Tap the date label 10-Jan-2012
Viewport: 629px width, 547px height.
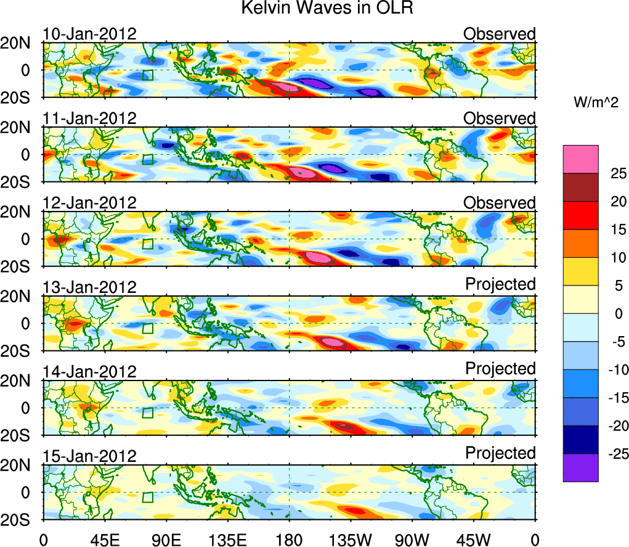click(x=89, y=34)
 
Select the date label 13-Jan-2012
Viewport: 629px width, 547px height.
click(x=89, y=287)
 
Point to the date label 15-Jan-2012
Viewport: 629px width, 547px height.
click(x=89, y=456)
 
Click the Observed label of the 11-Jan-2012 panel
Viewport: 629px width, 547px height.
click(x=499, y=118)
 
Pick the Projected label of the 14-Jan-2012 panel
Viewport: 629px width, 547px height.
click(x=500, y=368)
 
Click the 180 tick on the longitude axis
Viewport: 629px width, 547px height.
click(x=289, y=538)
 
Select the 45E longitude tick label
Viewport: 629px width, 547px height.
click(x=105, y=538)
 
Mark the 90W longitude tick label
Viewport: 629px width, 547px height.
click(x=412, y=538)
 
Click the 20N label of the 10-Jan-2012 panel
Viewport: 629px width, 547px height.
click(x=20, y=43)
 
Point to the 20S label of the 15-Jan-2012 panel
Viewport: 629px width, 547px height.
click(x=20, y=519)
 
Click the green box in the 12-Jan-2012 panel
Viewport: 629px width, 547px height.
click(x=147, y=244)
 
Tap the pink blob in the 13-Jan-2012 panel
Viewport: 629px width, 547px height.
click(x=333, y=341)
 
